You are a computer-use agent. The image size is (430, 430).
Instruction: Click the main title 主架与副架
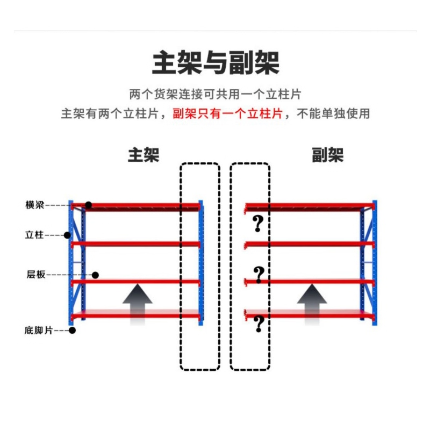216,63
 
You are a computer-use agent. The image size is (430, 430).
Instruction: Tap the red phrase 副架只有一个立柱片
227,114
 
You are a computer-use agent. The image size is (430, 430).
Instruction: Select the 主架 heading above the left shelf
144,156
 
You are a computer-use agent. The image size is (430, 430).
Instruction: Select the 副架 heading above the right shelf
327,156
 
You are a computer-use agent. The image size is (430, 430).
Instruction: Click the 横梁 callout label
34,205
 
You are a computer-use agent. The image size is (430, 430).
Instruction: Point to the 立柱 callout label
34,235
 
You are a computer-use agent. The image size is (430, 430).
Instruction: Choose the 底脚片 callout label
38,330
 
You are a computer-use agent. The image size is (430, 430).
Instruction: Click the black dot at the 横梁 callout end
89,205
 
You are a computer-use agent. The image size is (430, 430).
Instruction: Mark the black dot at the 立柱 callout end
68,235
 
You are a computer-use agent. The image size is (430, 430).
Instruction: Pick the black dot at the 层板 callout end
95,275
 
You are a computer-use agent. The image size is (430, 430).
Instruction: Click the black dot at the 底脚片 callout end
72,330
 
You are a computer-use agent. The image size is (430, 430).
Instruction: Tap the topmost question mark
257,223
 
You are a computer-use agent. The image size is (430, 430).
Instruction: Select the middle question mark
259,275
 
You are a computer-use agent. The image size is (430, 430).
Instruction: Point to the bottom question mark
259,324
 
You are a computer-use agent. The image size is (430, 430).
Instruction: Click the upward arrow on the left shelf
137,304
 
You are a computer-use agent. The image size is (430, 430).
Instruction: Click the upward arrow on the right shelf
312,304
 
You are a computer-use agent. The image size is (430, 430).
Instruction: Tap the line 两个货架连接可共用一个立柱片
215,94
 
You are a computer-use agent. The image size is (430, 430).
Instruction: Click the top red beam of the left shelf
134,205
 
